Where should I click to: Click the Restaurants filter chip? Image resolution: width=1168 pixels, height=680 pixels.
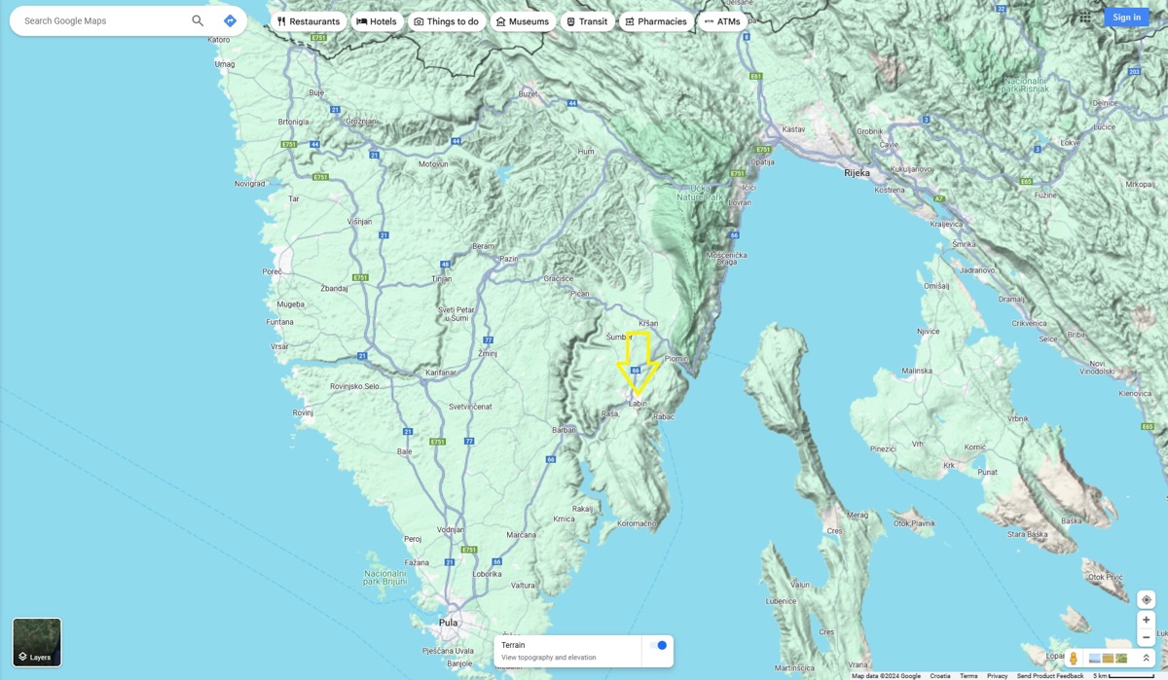click(x=309, y=21)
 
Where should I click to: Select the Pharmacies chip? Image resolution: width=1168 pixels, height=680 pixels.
click(x=656, y=21)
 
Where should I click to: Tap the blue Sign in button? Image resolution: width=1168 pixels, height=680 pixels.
click(x=1126, y=18)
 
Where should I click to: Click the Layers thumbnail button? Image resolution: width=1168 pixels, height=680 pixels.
click(x=37, y=642)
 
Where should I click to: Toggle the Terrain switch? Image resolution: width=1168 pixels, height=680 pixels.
click(x=658, y=645)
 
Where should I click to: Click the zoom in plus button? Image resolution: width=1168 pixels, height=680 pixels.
click(x=1146, y=620)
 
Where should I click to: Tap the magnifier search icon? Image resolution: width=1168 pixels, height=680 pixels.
click(x=198, y=20)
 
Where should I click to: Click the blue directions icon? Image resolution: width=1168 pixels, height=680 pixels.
click(x=230, y=20)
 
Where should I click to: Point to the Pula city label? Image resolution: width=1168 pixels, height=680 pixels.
click(x=448, y=623)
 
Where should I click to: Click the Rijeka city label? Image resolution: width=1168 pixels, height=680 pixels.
click(x=857, y=172)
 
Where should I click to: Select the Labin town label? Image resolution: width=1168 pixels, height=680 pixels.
click(x=638, y=404)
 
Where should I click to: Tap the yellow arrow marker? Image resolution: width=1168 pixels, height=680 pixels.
click(x=638, y=362)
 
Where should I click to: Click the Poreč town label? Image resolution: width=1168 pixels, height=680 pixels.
click(x=273, y=271)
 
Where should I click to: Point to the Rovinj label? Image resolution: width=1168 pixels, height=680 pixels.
click(x=303, y=412)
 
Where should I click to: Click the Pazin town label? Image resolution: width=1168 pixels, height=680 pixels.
click(x=508, y=259)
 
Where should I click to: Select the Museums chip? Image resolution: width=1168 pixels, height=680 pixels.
click(x=523, y=21)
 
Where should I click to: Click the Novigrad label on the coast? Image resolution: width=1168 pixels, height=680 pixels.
click(x=250, y=184)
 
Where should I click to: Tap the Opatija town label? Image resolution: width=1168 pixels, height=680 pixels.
click(x=763, y=161)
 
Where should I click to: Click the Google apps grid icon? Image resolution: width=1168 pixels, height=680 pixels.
click(x=1084, y=18)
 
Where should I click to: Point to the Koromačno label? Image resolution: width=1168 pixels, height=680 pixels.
click(x=637, y=523)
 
